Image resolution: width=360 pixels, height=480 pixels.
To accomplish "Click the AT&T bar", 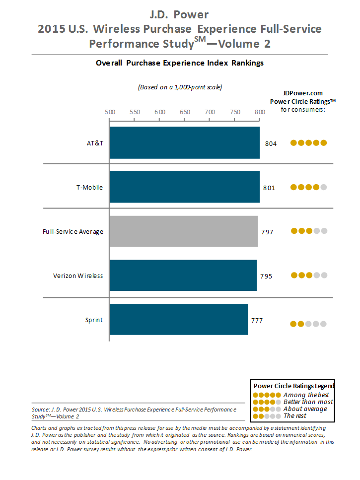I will [184, 142].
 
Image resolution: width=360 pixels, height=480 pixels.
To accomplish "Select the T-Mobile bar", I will [184, 187].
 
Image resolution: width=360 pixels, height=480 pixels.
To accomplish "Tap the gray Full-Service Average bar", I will [183, 231].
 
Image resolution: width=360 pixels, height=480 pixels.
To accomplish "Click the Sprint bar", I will [178, 320].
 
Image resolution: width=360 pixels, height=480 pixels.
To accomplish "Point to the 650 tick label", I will [185, 112].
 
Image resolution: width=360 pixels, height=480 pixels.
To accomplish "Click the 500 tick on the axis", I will [110, 112].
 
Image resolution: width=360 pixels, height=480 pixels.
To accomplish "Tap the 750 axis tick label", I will [234, 112].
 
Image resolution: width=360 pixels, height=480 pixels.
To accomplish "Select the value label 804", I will [271, 143].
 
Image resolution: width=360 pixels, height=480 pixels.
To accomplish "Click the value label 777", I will [257, 320].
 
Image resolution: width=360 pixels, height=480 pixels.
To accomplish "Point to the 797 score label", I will [267, 232].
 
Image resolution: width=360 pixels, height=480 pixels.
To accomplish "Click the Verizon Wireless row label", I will [78, 275].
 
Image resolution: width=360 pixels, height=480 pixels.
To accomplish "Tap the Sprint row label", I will [94, 320].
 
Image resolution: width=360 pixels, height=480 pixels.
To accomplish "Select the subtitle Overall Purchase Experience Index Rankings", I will [180, 63].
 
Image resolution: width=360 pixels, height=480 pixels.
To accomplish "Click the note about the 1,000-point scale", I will [180, 87].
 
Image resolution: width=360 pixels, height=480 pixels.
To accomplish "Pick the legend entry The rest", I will [295, 415].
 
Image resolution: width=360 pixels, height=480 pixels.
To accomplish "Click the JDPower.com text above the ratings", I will [302, 93].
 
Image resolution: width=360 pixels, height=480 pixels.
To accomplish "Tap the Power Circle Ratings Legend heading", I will [294, 386].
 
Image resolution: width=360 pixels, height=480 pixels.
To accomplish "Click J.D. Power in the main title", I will [179, 14].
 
